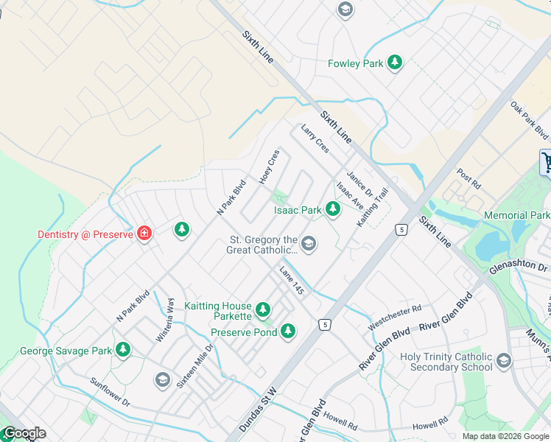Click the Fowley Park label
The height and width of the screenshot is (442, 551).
point(355,63)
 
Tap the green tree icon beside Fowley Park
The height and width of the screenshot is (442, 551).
point(396,63)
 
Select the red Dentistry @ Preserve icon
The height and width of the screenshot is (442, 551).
point(144,234)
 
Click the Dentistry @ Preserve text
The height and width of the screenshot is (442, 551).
point(85,234)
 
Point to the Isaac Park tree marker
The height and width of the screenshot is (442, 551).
point(333,210)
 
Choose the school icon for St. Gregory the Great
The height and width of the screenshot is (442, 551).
point(309,244)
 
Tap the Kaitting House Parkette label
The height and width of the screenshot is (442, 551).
point(218,311)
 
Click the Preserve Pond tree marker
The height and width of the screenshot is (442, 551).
point(289,332)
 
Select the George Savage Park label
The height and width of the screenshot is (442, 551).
point(66,351)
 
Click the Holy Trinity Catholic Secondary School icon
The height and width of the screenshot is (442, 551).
point(503,361)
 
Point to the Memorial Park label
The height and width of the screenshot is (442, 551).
point(516,215)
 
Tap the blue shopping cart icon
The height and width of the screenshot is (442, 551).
point(547,162)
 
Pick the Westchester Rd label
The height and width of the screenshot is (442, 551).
point(394,315)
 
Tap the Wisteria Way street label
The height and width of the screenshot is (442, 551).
point(165,325)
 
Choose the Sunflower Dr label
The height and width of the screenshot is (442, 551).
point(110,393)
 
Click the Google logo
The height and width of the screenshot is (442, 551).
point(24,433)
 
